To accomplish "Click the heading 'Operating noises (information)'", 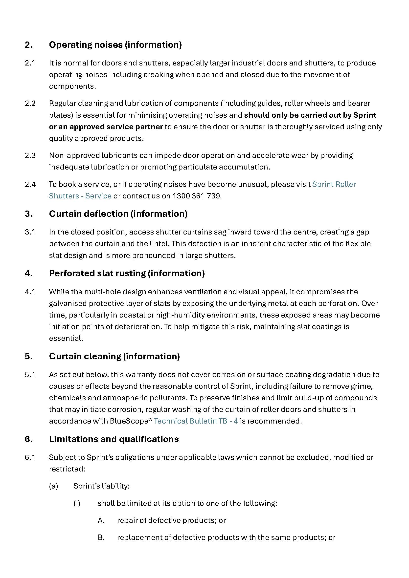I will [x=115, y=45].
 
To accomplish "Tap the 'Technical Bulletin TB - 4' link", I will [x=196, y=421].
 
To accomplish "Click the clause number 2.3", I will [x=30, y=155].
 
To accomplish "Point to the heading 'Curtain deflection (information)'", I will [x=118, y=214].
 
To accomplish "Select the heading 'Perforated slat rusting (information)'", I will [x=127, y=273].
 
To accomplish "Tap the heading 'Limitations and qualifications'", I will [x=114, y=439].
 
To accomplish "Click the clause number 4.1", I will [x=30, y=292].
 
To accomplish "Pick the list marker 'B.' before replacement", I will [x=101, y=537].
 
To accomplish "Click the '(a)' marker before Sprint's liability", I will [x=54, y=486].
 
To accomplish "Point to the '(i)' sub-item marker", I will [x=77, y=503].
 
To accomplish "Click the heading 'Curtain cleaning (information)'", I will [x=114, y=356].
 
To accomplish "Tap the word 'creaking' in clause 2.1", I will [x=159, y=75].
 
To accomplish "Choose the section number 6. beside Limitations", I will [x=29, y=439].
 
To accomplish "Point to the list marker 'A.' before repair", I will [x=101, y=520].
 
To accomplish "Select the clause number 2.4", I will [x=30, y=184].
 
